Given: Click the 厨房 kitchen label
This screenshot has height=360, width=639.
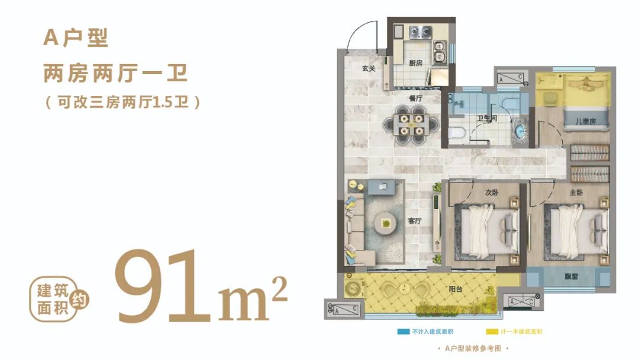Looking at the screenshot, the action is [416, 63].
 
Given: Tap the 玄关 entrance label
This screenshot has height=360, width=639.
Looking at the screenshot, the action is [369, 69].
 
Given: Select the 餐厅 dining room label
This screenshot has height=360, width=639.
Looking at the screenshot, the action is [416, 98].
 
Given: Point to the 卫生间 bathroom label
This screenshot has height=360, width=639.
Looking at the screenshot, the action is [487, 118].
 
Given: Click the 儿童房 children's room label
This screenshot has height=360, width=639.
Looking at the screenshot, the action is [585, 121].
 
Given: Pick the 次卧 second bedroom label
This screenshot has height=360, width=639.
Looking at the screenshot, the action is [492, 192].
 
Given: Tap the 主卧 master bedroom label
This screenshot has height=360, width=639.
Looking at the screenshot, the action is [576, 192].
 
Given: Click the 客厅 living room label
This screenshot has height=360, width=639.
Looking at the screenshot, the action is [414, 221].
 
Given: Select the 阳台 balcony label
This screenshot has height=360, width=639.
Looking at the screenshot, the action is [455, 289].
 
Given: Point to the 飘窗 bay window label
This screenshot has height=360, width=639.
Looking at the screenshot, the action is [572, 277].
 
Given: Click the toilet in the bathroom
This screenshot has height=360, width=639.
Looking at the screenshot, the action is [456, 133].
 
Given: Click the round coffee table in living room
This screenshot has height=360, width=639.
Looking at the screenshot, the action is [386, 223].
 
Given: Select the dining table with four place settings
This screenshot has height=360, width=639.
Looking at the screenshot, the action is [411, 125].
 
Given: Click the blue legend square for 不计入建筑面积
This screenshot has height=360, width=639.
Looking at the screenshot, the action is [404, 332].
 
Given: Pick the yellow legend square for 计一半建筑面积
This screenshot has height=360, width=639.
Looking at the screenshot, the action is [492, 332].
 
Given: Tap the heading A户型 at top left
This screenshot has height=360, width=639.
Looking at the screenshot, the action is [76, 38].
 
